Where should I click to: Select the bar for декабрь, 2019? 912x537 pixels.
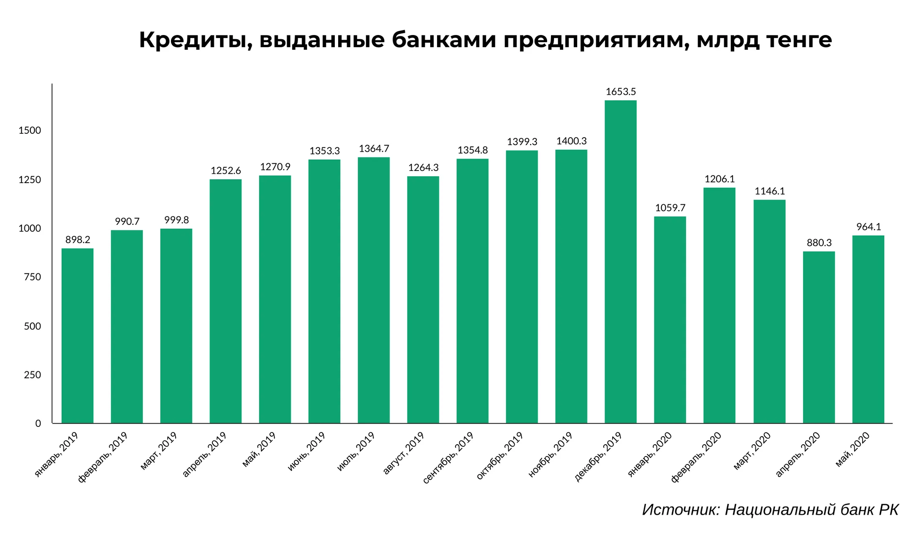620,262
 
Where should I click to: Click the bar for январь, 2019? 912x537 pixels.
77,335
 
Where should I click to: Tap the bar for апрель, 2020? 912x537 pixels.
819,337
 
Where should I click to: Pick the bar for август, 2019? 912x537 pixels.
423,300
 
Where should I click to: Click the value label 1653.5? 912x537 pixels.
621,92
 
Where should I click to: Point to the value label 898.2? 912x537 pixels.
78,240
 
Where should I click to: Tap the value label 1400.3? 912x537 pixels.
571,141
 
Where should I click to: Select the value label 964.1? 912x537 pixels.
869,227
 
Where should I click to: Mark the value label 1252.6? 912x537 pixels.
226,170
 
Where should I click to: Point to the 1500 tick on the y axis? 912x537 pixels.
30,131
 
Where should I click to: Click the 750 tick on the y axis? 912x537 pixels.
33,277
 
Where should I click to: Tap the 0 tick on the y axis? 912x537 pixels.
38,424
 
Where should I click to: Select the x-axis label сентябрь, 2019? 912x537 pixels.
448,458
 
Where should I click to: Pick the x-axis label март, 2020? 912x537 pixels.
752,451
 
